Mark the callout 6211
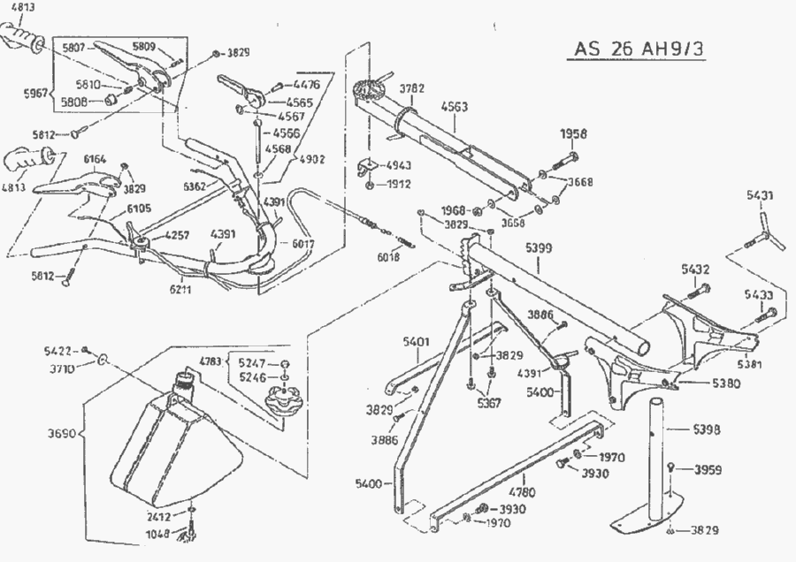point(180,287)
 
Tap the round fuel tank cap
point(285,404)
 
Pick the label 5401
point(416,339)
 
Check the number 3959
point(708,468)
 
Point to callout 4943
point(399,165)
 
